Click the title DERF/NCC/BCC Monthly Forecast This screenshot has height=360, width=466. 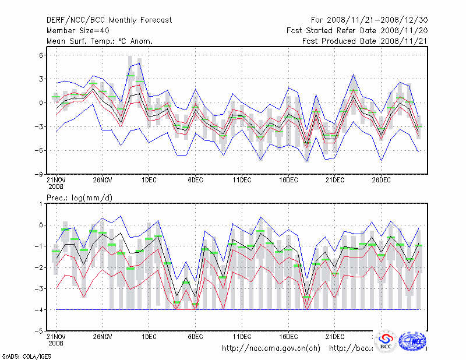[x=109, y=20]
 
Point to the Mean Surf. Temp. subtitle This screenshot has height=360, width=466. [x=100, y=41]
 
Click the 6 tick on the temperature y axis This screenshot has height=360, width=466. [x=41, y=55]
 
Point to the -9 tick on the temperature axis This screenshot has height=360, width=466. [x=40, y=174]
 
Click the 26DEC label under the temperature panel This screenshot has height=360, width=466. [x=381, y=181]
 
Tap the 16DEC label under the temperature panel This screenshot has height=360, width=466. [x=288, y=181]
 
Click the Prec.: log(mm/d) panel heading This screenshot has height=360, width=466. [x=80, y=198]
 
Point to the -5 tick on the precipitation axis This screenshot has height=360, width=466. [x=40, y=331]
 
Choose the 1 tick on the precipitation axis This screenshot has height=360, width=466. [x=41, y=204]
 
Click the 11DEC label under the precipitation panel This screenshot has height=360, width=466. [x=242, y=337]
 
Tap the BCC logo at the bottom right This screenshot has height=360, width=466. [x=386, y=342]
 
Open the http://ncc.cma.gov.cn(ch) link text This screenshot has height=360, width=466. [x=271, y=348]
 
